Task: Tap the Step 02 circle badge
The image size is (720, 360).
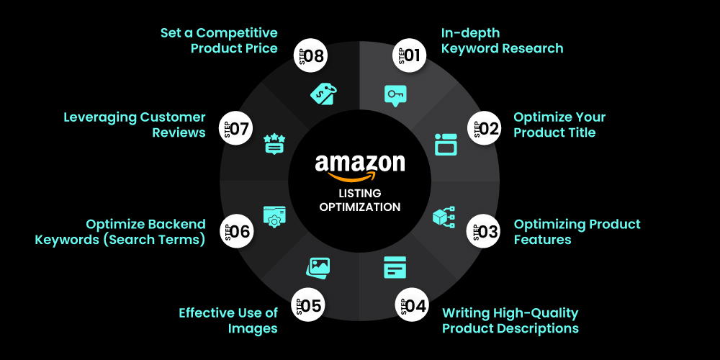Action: coord(486,129)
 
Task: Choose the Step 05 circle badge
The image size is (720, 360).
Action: coord(307,305)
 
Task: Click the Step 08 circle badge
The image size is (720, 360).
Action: coord(310,55)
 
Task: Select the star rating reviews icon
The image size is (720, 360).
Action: coord(274,143)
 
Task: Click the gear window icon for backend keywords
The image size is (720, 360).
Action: coord(274,217)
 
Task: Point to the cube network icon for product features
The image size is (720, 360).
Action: coord(443,217)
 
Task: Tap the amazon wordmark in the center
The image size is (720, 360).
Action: coord(359,163)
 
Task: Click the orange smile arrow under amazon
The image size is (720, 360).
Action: coord(359,177)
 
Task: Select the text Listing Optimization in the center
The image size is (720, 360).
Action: coord(360,200)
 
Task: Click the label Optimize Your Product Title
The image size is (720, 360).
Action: coord(559,125)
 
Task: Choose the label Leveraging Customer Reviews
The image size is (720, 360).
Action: coord(135,125)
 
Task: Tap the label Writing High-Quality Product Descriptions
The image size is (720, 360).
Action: coord(510,320)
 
